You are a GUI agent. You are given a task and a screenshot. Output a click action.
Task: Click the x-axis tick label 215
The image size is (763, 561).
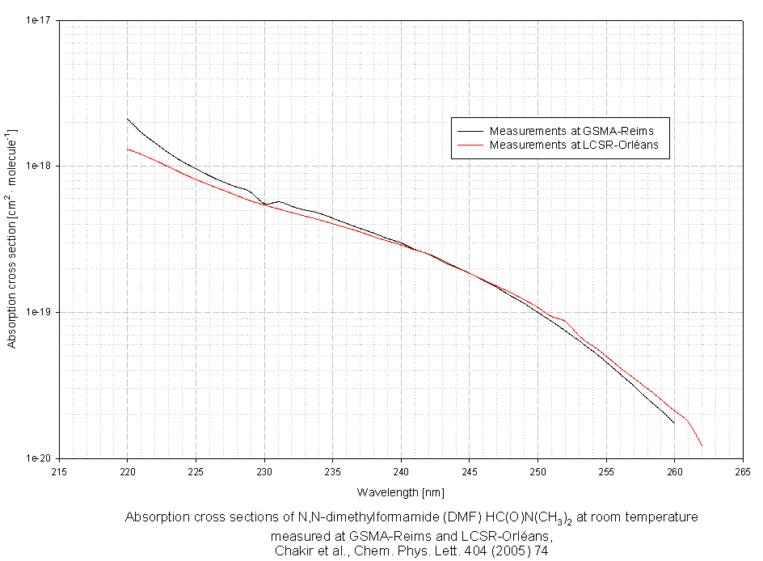pos(58,471)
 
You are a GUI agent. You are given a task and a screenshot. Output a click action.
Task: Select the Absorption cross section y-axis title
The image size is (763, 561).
pos(11,238)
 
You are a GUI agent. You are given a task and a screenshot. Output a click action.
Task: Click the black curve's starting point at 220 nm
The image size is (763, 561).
pos(128,119)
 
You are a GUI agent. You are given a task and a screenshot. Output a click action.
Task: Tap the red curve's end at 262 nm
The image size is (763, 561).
pos(702,445)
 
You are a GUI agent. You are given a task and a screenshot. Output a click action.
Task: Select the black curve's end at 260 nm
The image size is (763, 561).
pos(674,423)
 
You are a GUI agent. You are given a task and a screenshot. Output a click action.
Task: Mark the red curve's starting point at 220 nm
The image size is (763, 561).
pos(128,149)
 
